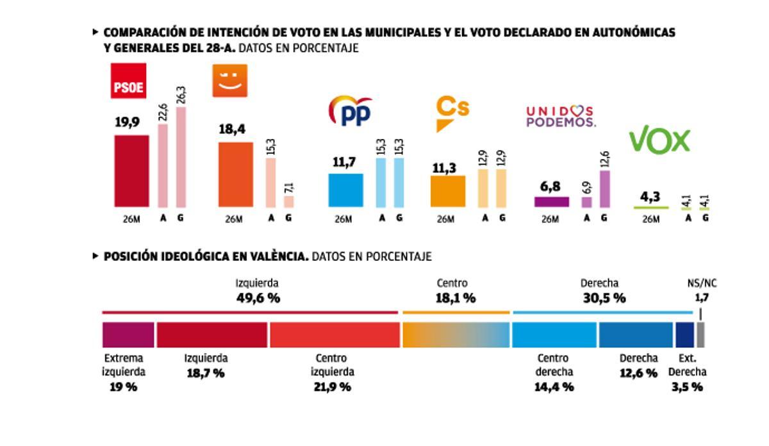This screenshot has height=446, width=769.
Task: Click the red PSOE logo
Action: pos(129,80)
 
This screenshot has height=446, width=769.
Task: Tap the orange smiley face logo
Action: pos(229,80)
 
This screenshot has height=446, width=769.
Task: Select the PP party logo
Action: pos(349,111)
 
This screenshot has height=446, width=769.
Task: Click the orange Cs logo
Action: pos(452,111)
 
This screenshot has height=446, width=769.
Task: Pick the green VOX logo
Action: pos(659,140)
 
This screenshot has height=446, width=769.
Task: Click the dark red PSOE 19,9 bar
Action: pos(131,171)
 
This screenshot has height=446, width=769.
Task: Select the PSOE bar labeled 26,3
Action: pos(181,157)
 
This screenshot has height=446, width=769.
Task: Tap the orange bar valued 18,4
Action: pos(235,174)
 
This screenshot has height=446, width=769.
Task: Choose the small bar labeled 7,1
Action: pos(288,201)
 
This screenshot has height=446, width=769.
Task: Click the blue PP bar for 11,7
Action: pos(345,190)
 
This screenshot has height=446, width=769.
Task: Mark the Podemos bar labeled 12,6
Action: pos(604,188)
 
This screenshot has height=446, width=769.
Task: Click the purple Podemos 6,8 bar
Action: pos(551,202)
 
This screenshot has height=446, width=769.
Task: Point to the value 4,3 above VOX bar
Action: pos(650,197)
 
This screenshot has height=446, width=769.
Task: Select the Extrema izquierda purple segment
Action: pos(128,334)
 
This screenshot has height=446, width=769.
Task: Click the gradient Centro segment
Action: pos(456,334)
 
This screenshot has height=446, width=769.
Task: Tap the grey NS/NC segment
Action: pos(700,334)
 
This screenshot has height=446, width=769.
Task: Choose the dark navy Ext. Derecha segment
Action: pos(684,334)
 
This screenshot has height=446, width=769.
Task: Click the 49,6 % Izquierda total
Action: pos(257,298)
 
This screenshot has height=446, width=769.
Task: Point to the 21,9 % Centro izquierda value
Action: pos(332,386)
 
